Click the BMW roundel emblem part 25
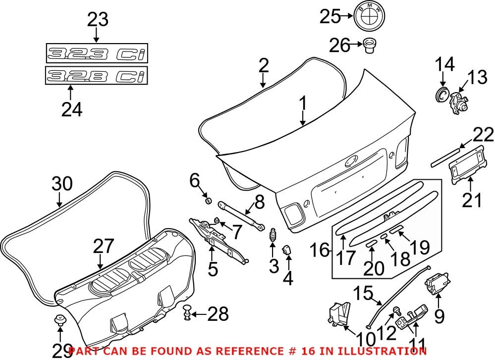[x=368, y=17]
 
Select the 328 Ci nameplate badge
[x=96, y=76]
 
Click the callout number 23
[x=97, y=20]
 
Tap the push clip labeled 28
[x=188, y=312]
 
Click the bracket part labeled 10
[x=337, y=314]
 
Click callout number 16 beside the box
[x=321, y=250]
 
